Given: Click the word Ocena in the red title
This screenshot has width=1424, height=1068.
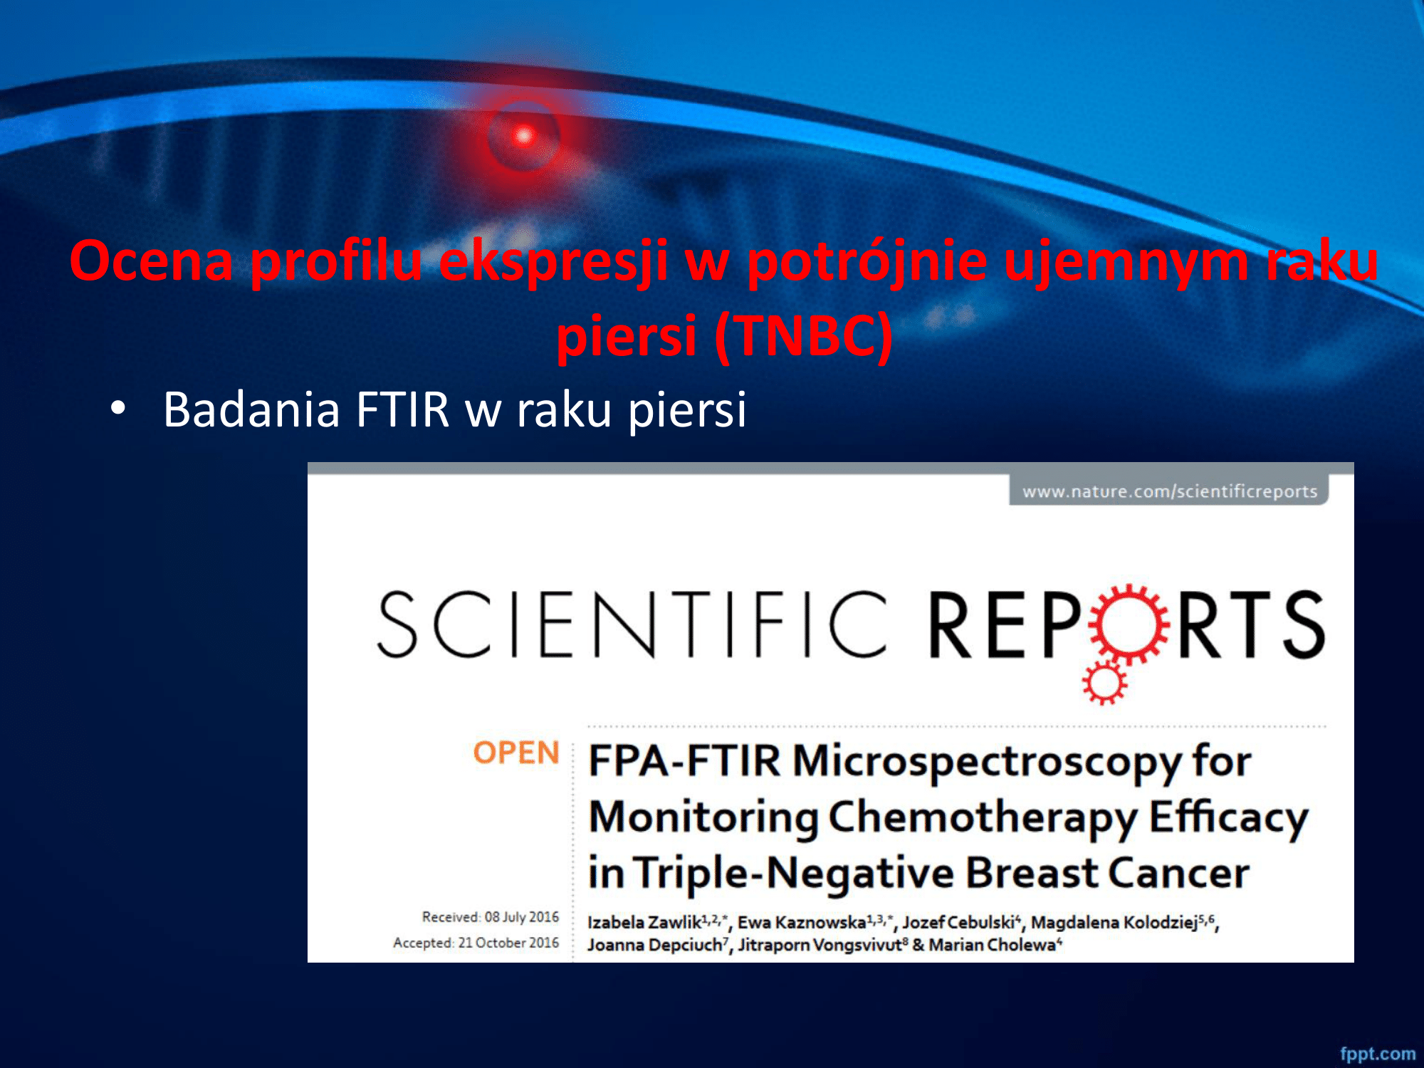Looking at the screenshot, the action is coord(152,261).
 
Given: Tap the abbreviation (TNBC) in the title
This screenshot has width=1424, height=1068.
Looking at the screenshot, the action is coord(803,336).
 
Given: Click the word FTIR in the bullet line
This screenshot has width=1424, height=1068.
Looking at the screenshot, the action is coord(403,409).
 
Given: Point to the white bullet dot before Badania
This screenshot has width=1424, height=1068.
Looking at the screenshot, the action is coord(118,408).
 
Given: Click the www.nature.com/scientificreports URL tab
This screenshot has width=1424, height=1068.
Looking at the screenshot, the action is coord(1169,491).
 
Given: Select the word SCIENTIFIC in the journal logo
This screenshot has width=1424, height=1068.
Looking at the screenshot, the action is coord(632,624).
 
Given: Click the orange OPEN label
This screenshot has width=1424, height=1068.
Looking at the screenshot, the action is coord(516,753).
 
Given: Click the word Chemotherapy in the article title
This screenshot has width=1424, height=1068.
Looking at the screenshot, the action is coord(982,817).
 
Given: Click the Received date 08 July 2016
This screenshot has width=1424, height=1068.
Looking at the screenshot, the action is coord(522,917).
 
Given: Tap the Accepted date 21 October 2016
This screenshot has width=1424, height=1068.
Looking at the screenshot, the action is coord(508,943).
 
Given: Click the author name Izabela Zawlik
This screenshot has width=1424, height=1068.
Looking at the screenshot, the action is coord(644,922).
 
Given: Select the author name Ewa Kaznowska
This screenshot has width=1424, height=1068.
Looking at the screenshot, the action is coord(802,922).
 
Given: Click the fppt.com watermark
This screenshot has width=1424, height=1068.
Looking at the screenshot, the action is coord(1378,1054).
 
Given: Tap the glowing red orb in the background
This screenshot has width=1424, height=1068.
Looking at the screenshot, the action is coord(524,135).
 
